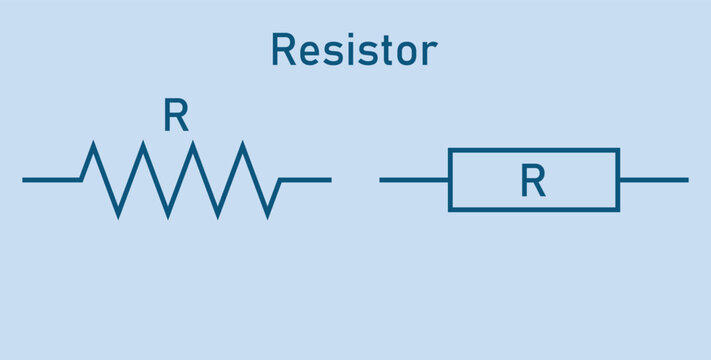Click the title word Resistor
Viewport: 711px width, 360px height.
[x=354, y=50]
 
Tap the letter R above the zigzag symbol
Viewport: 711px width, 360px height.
[x=176, y=118]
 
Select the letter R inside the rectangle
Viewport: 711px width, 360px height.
[x=533, y=181]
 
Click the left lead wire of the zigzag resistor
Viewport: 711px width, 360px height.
[x=51, y=180]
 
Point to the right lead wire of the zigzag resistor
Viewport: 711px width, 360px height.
[x=305, y=180]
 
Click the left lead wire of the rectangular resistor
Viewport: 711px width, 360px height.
[x=414, y=180]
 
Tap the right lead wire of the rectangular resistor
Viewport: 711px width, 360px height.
[x=653, y=180]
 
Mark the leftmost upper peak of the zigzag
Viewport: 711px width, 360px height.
[x=94, y=146]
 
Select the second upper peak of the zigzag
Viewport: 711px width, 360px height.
[x=144, y=146]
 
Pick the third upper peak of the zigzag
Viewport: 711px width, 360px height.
[x=193, y=146]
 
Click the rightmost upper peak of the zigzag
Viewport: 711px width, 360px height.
[x=243, y=146]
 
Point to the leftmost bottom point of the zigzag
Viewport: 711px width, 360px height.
[x=119, y=214]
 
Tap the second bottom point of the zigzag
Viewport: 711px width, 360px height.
[x=168, y=214]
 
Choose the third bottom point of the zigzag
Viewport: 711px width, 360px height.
[x=218, y=214]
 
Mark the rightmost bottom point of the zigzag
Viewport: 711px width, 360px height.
[x=267, y=214]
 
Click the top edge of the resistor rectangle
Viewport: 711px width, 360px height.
[x=534, y=150]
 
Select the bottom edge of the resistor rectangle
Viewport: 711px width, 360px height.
[x=534, y=210]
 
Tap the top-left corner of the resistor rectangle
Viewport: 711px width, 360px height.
[x=450, y=150]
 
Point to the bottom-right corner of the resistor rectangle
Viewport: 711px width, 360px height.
[x=618, y=210]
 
